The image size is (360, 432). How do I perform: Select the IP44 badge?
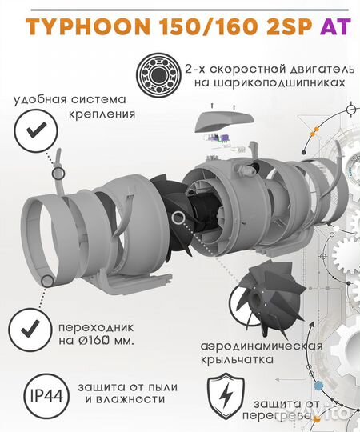tap(48, 398)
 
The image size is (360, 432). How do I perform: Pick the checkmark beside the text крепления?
tap(31, 134)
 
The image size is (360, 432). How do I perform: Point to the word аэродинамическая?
tap(260, 346)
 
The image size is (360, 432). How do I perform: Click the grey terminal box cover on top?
tap(223, 119)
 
